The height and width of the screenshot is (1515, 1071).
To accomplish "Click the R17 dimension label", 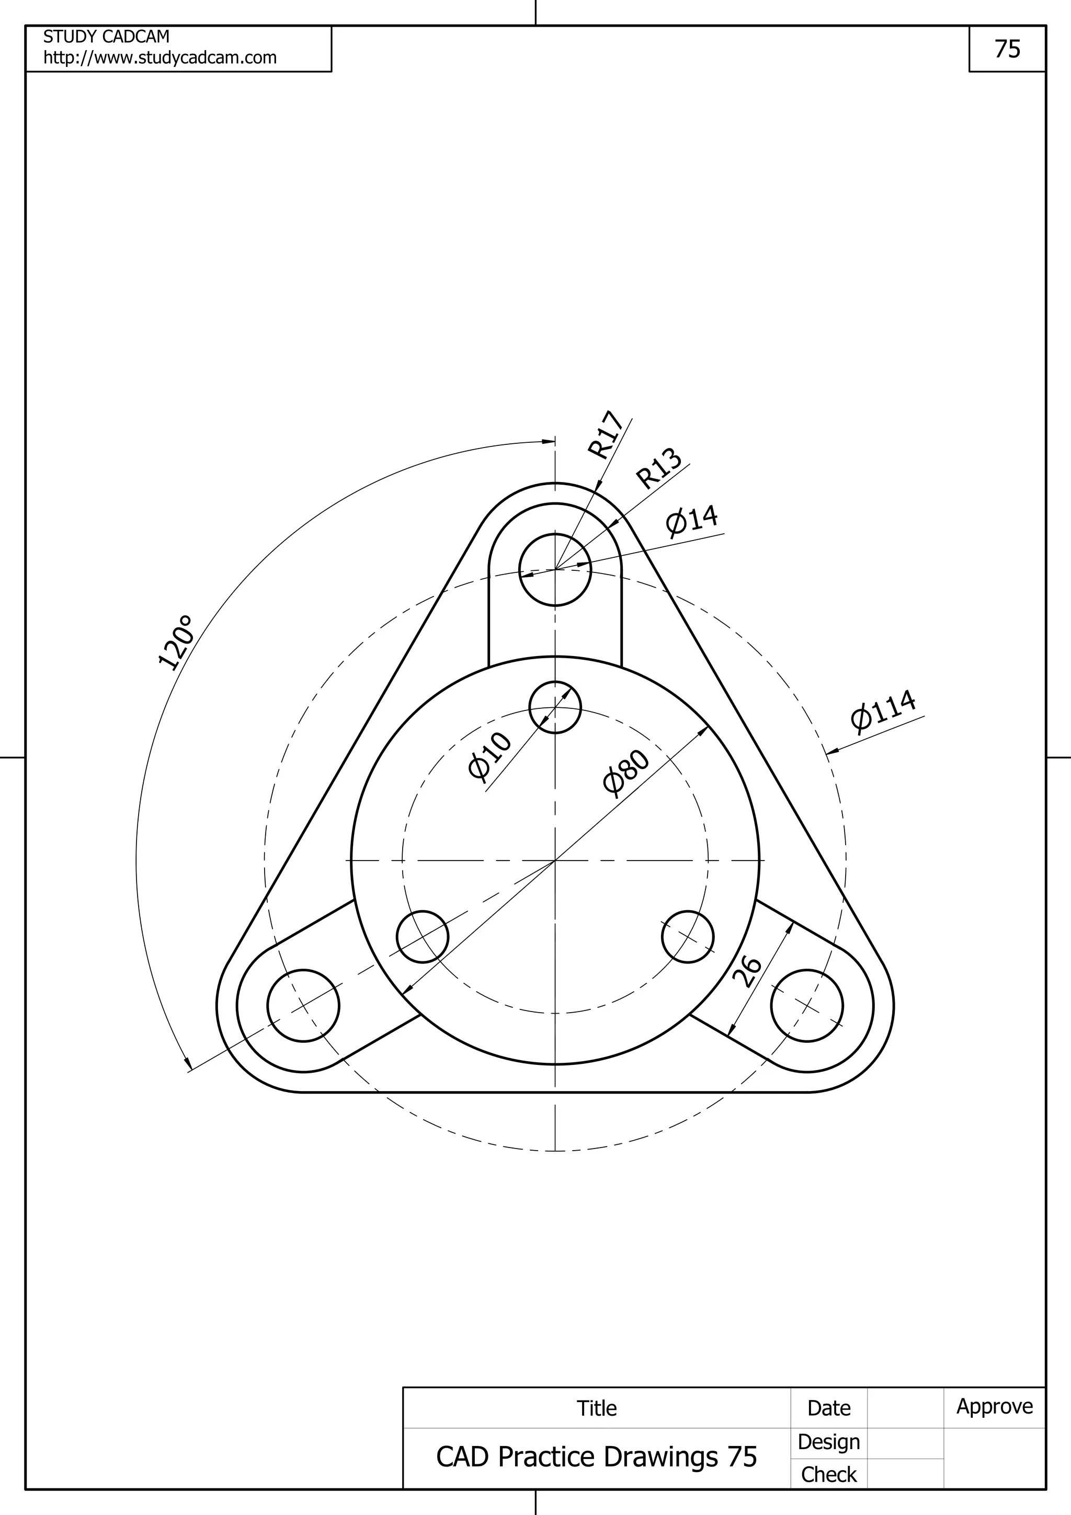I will pyautogui.click(x=606, y=435).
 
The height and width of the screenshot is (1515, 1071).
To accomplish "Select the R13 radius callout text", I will pyautogui.click(x=658, y=468).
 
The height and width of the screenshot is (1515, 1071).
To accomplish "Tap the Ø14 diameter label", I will pyautogui.click(x=691, y=521).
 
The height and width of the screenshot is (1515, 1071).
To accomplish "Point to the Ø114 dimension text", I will pyautogui.click(x=883, y=710).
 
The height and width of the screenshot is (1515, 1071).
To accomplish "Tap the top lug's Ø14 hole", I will pyautogui.click(x=555, y=569).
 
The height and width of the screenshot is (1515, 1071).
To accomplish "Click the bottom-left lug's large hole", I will pyautogui.click(x=303, y=1006).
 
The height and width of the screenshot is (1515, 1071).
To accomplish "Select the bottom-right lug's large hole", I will pyautogui.click(x=806, y=1006).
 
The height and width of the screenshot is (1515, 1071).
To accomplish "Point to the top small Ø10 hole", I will pyautogui.click(x=555, y=707).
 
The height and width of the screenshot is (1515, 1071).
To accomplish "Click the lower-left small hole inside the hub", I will pyautogui.click(x=423, y=937).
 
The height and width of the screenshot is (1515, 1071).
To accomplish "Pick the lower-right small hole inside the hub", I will pyautogui.click(x=688, y=937).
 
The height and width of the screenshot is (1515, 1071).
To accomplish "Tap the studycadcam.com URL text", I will pyautogui.click(x=159, y=58).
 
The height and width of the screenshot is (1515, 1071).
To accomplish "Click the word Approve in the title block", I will pyautogui.click(x=995, y=1406).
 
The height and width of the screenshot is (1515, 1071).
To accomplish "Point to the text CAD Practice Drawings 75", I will pyautogui.click(x=596, y=1457).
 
